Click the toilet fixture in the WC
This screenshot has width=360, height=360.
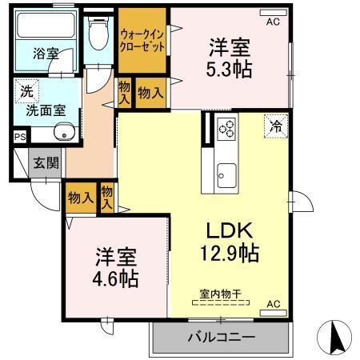(98, 33)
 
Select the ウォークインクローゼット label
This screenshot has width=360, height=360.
(142, 40)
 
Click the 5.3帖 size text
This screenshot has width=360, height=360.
(230, 70)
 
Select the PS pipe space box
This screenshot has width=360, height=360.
(19, 137)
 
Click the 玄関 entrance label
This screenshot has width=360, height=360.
(46, 163)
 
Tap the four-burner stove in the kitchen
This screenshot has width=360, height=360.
(226, 128)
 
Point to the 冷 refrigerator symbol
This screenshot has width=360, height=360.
(274, 126)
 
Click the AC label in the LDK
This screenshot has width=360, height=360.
(274, 304)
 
